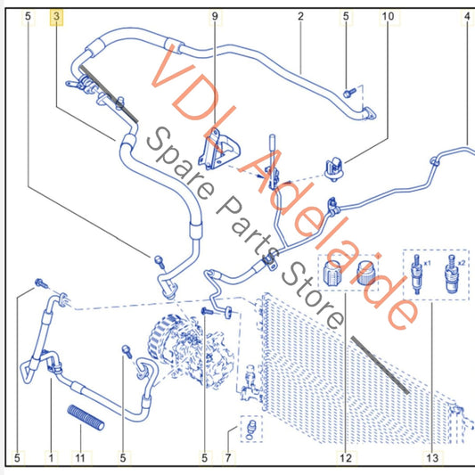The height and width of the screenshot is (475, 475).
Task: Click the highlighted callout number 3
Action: click(57, 16)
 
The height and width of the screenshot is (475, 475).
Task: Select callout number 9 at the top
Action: click(215, 16)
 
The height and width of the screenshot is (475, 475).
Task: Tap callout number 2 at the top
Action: click(300, 16)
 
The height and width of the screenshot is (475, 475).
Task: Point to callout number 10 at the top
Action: click(388, 16)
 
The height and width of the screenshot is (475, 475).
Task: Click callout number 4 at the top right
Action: click(468, 16)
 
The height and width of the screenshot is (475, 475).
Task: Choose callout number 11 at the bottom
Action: click(80, 458)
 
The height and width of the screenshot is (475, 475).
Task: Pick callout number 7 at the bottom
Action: click(228, 458)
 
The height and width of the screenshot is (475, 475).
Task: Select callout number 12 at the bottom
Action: click(346, 458)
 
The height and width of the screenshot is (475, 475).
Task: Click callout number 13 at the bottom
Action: click(432, 458)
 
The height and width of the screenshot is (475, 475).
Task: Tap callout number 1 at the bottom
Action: click(51, 458)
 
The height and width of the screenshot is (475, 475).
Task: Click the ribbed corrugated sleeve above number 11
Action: click(86, 417)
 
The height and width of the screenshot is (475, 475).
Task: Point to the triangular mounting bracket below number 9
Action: click(218, 150)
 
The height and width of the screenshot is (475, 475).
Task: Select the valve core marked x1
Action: click(417, 274)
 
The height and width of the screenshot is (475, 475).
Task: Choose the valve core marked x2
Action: click(452, 274)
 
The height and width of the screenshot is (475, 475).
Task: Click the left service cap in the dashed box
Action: click(332, 273)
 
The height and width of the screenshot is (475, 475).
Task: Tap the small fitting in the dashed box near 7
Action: click(251, 428)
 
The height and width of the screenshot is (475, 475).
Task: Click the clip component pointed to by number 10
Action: click(333, 168)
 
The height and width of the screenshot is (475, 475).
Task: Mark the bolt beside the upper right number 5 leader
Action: click(350, 93)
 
